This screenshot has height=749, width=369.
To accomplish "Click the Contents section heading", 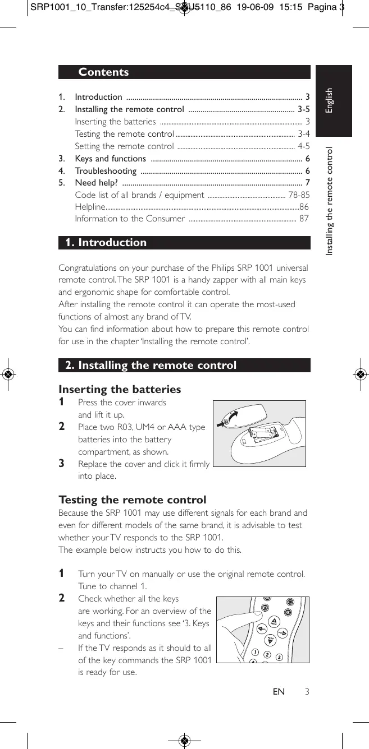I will click(104, 72).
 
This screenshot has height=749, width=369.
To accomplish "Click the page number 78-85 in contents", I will click(298, 195).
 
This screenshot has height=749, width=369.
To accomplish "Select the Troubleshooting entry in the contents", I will click(106, 171).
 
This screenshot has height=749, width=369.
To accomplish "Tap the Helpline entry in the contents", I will click(88, 207).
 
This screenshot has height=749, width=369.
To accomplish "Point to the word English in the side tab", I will click(330, 100).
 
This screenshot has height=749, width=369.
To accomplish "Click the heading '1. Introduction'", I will click(106, 243).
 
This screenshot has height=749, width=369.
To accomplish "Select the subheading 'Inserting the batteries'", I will click(120, 389).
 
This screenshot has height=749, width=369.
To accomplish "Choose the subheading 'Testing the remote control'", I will click(133, 500).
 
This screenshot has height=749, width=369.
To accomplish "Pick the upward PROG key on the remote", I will click(274, 621).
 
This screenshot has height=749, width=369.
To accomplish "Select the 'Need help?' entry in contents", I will click(96, 183).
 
